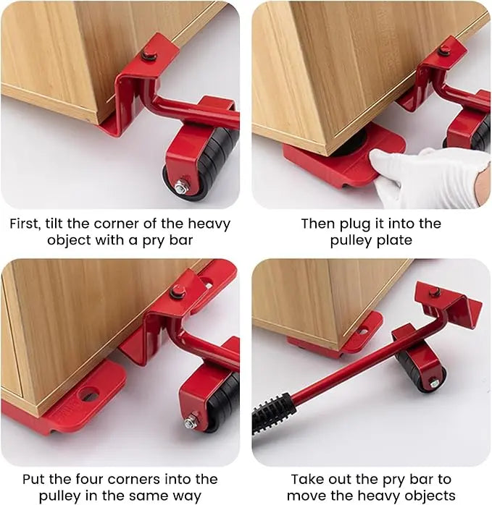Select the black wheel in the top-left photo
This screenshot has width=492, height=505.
(x=210, y=166)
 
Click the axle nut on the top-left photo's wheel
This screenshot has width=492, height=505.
(x=181, y=186)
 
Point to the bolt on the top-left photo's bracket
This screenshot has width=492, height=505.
(x=149, y=54)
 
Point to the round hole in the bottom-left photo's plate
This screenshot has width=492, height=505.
(x=89, y=395)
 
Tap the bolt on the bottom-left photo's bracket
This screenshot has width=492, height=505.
(x=176, y=291)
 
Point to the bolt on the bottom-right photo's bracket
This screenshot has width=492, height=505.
(x=435, y=292)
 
